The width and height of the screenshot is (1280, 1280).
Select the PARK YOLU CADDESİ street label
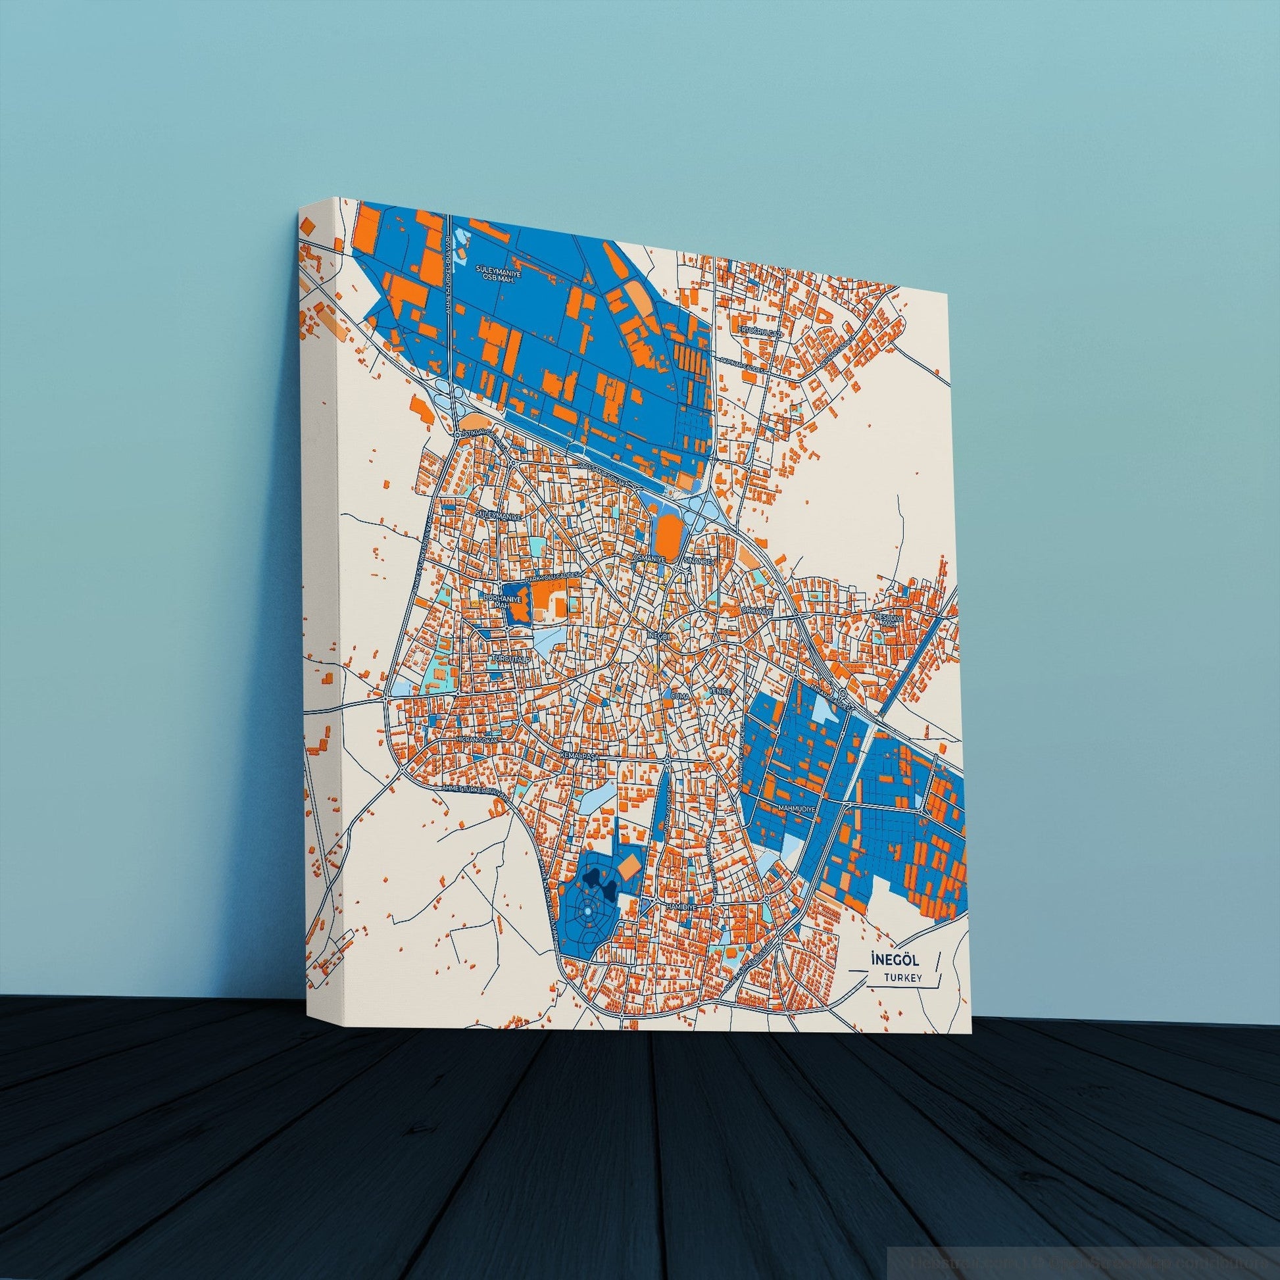[x=553, y=575]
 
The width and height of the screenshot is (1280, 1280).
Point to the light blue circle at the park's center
[x=586, y=916]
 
